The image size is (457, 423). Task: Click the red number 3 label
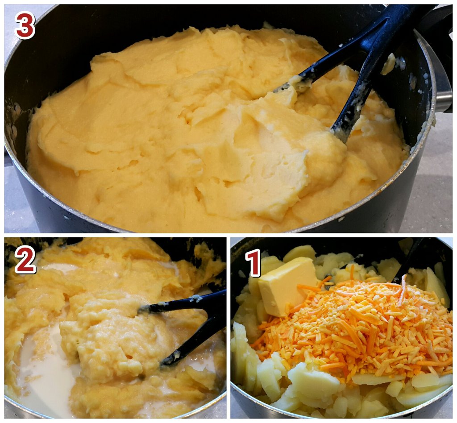point(25,25)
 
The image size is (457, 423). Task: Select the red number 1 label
point(253,263)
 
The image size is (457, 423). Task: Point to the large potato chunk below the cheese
point(313,382)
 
